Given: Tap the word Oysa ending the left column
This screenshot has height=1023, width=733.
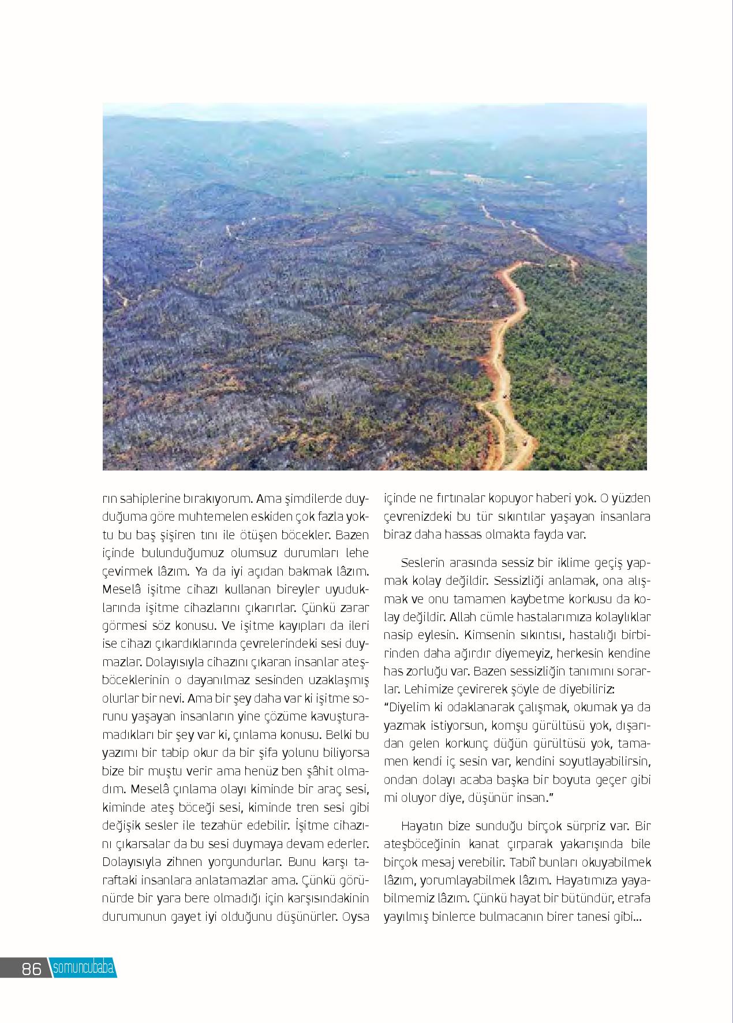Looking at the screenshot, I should point(356,917).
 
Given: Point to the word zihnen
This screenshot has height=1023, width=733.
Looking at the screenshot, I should point(175,863).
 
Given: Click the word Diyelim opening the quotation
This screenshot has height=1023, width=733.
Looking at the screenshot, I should point(410,707).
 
